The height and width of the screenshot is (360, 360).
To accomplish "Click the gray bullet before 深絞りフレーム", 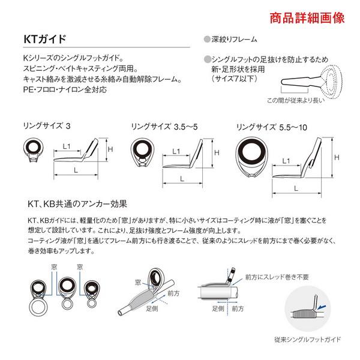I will click(207, 40).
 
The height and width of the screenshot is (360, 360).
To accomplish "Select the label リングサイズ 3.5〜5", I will click(164, 127).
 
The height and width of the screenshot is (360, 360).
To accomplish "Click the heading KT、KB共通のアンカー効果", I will click(82, 203).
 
